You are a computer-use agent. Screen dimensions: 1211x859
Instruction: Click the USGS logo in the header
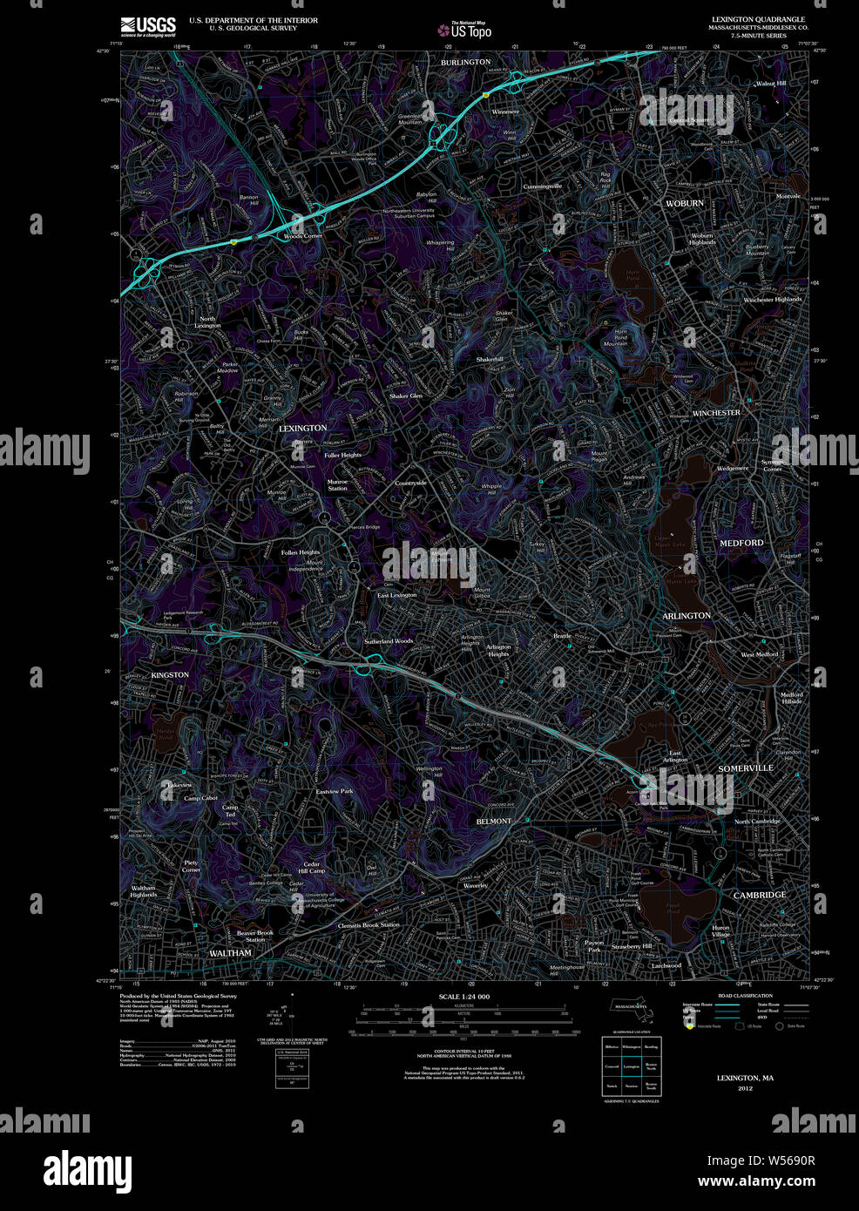click(x=149, y=25)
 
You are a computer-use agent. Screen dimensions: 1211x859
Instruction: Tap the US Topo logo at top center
click(x=470, y=30)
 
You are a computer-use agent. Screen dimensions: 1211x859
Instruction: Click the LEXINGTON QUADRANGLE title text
click(x=757, y=19)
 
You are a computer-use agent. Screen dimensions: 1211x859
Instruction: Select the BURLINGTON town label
click(x=465, y=63)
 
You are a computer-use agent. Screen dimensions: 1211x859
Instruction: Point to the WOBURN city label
click(x=684, y=203)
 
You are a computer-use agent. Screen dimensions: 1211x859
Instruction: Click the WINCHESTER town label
click(x=715, y=413)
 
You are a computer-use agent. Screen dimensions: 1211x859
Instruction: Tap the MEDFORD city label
click(x=741, y=543)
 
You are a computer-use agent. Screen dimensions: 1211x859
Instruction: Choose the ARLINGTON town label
click(x=687, y=616)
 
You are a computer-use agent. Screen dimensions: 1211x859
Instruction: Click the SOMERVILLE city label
click(x=745, y=768)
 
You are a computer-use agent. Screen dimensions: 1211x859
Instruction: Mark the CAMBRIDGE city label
click(x=759, y=895)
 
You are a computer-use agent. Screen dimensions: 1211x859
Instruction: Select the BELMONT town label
click(x=493, y=822)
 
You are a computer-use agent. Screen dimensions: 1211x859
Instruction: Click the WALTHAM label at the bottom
click(x=230, y=953)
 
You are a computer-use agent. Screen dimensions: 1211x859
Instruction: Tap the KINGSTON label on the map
click(x=170, y=675)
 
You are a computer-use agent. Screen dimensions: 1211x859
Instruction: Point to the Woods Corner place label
click(x=302, y=236)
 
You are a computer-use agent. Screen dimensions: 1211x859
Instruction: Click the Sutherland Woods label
click(x=389, y=641)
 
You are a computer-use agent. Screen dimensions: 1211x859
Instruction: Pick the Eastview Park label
click(x=334, y=791)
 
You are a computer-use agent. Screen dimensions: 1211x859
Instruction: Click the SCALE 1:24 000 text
click(x=463, y=997)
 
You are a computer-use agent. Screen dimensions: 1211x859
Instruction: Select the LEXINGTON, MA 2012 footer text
click(x=745, y=1082)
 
